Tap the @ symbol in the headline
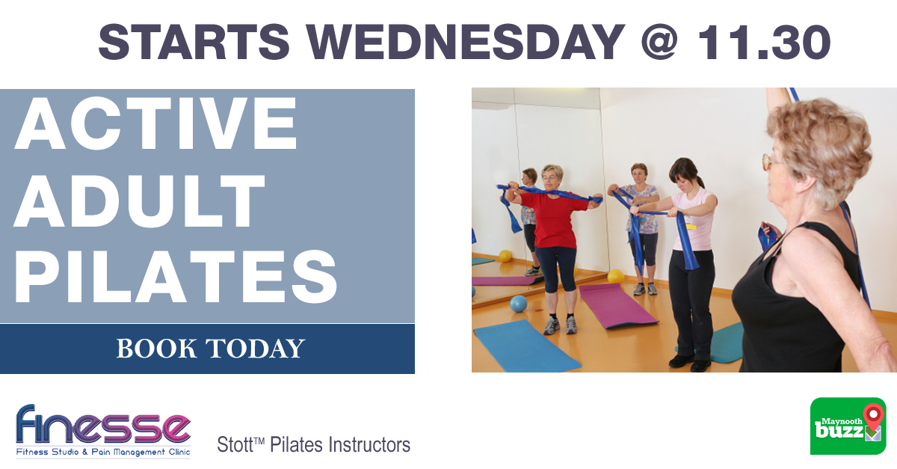[659, 42]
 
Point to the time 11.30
[763, 42]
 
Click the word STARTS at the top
[194, 42]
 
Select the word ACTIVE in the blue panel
[156, 123]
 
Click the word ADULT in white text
[139, 200]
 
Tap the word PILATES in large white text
[176, 277]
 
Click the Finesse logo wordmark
[103, 424]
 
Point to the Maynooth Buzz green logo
[848, 426]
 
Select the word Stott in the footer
[235, 444]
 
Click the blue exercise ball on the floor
[519, 304]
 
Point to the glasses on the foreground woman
[771, 161]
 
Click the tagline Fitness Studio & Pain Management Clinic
[103, 452]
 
